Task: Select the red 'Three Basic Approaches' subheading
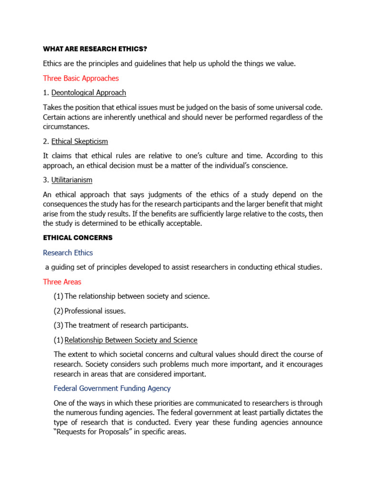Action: point(81,78)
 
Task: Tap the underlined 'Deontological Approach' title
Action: point(89,92)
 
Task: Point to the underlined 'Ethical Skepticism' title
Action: point(80,142)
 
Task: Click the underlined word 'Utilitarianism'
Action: point(72,180)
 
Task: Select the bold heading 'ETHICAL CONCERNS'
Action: point(78,237)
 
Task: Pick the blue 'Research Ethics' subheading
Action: point(68,253)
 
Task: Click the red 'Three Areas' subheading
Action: point(62,282)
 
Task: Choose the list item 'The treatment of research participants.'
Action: point(126,325)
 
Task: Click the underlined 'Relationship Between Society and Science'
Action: point(131,340)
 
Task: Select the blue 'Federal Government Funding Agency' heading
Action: point(112,388)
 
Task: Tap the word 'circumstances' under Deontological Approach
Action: point(66,127)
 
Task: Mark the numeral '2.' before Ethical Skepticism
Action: point(46,142)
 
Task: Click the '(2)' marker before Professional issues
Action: point(58,311)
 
